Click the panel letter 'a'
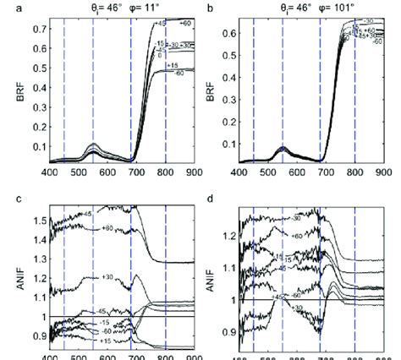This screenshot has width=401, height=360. [x=6, y=8]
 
